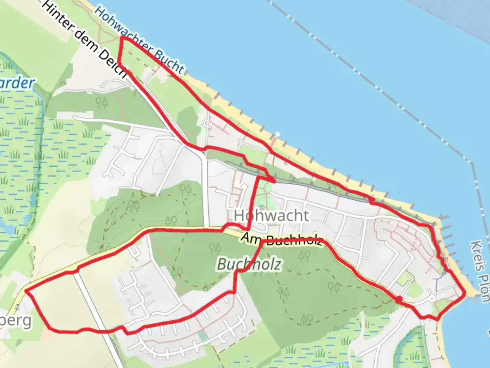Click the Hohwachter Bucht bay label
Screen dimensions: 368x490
[x=140, y=40]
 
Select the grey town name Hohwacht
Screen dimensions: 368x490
[x=271, y=215]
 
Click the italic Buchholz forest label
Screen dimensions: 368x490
[x=249, y=264]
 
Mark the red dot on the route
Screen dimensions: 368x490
[x=399, y=299]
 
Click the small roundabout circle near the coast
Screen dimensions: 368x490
[x=432, y=298]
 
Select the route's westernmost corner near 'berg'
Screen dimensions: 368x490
[x=26, y=291]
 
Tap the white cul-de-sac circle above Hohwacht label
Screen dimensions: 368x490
[x=244, y=186]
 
